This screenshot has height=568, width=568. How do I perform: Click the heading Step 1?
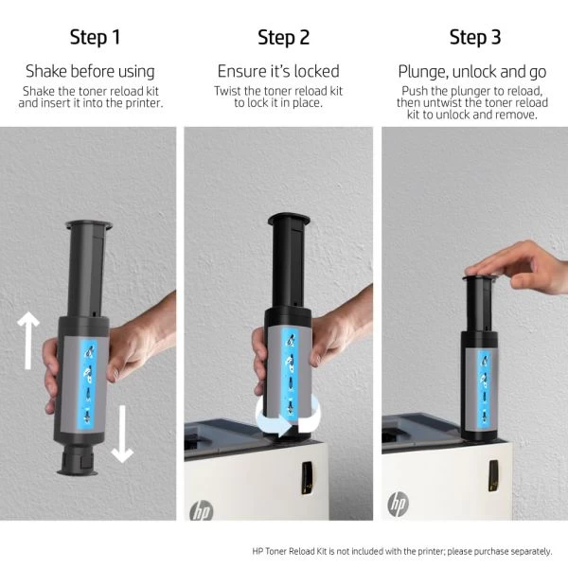95,37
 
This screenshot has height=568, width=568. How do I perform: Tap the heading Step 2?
284,37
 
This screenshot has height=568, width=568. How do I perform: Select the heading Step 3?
475,37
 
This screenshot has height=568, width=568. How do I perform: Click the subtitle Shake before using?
90,71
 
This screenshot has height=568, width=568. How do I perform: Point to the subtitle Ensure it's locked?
278,71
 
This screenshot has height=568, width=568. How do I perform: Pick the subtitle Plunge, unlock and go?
472,72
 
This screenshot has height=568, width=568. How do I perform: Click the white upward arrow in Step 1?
27,341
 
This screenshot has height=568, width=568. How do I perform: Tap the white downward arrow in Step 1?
122,434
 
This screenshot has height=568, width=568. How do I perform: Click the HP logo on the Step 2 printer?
202,510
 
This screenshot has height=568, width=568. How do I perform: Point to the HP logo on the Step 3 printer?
399,504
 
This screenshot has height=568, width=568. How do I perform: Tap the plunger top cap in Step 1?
89,224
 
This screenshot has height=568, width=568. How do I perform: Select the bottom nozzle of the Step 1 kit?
78,460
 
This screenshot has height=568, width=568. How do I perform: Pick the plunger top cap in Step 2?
289,218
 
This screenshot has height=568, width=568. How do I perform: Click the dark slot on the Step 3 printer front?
493,475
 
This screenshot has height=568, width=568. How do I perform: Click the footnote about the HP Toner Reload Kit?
402,551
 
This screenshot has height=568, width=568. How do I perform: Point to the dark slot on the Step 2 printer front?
307,478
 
